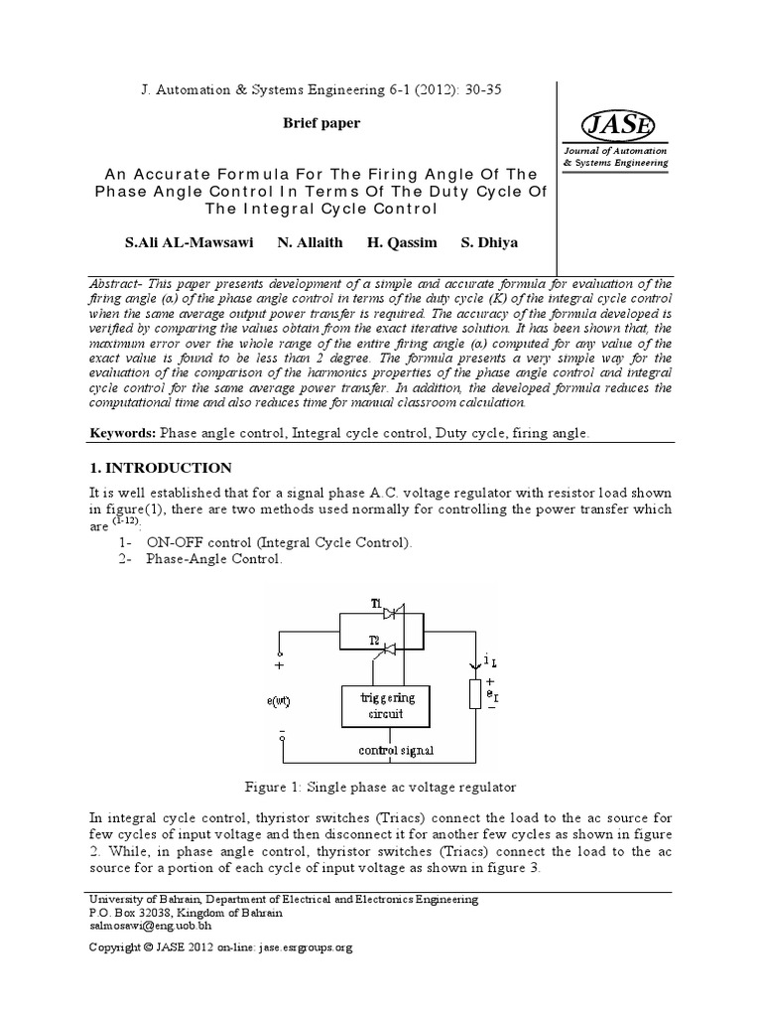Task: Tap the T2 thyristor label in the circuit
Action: (376, 639)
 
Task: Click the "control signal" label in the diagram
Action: (395, 750)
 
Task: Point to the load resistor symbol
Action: (475, 693)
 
